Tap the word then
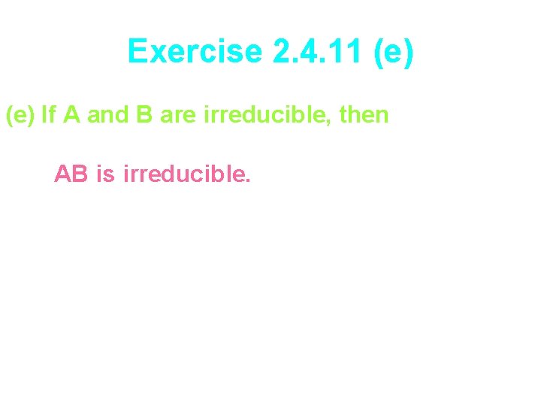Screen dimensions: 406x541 click(364, 115)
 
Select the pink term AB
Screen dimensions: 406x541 click(71, 174)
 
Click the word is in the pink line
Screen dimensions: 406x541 click(106, 174)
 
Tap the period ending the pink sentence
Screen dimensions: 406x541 click(248, 182)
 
